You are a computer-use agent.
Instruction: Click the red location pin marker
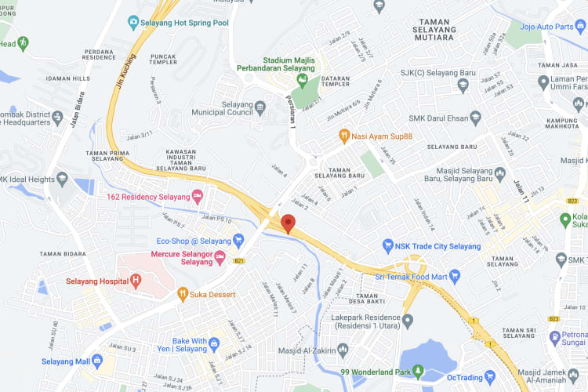[288, 223]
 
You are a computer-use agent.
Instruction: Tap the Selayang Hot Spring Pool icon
[134, 23]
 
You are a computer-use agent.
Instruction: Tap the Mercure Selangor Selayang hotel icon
[220, 257]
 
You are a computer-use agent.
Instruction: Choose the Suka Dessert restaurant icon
[182, 295]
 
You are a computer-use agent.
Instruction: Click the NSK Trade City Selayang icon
[387, 246]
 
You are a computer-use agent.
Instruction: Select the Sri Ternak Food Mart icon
[455, 276]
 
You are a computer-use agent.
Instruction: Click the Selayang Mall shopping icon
[97, 361]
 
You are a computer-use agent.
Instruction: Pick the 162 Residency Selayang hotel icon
[198, 195]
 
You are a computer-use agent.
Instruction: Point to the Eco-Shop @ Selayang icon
[239, 241]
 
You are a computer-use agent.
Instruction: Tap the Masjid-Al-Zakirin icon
[343, 348]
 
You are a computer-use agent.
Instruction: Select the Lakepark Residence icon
[407, 320]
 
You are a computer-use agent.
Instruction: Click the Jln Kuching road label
[125, 71]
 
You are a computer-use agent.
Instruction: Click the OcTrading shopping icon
[489, 376]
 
